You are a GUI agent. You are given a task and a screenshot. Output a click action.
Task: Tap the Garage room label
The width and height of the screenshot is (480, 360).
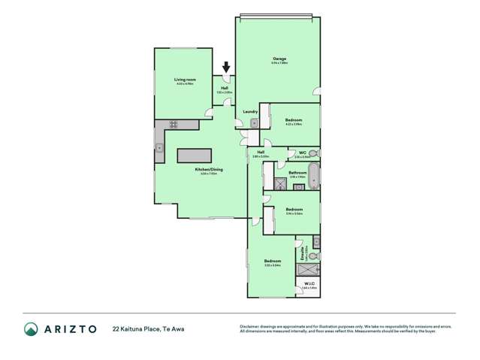point(279,59)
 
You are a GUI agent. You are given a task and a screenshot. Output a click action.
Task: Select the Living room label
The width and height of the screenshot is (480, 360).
point(185,80)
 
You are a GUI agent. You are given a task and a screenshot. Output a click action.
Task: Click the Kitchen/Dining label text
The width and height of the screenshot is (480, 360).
point(209,169)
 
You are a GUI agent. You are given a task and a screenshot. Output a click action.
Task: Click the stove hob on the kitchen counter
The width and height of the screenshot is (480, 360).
point(173,125)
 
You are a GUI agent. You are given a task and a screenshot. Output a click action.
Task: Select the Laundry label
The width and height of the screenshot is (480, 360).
point(250,112)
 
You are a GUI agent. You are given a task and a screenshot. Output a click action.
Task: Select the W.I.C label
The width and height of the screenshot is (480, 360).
point(309,283)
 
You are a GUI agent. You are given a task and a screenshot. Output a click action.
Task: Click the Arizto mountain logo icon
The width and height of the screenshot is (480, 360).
point(31,328)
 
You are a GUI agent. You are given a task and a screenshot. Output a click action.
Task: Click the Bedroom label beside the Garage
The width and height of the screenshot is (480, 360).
point(294,119)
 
